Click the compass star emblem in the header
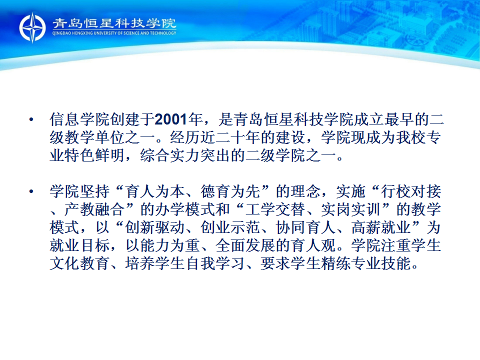[32, 27]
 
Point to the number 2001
[171, 119]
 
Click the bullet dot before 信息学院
[31, 119]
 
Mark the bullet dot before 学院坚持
[31, 192]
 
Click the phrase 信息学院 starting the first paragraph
[79, 119]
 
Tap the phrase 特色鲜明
[94, 155]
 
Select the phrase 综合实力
[170, 155]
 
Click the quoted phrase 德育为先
[230, 192]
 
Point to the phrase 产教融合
[94, 210]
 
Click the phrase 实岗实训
[351, 210]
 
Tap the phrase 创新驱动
[155, 228]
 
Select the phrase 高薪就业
[381, 228]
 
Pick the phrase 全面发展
[245, 246]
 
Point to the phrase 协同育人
[305, 228]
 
